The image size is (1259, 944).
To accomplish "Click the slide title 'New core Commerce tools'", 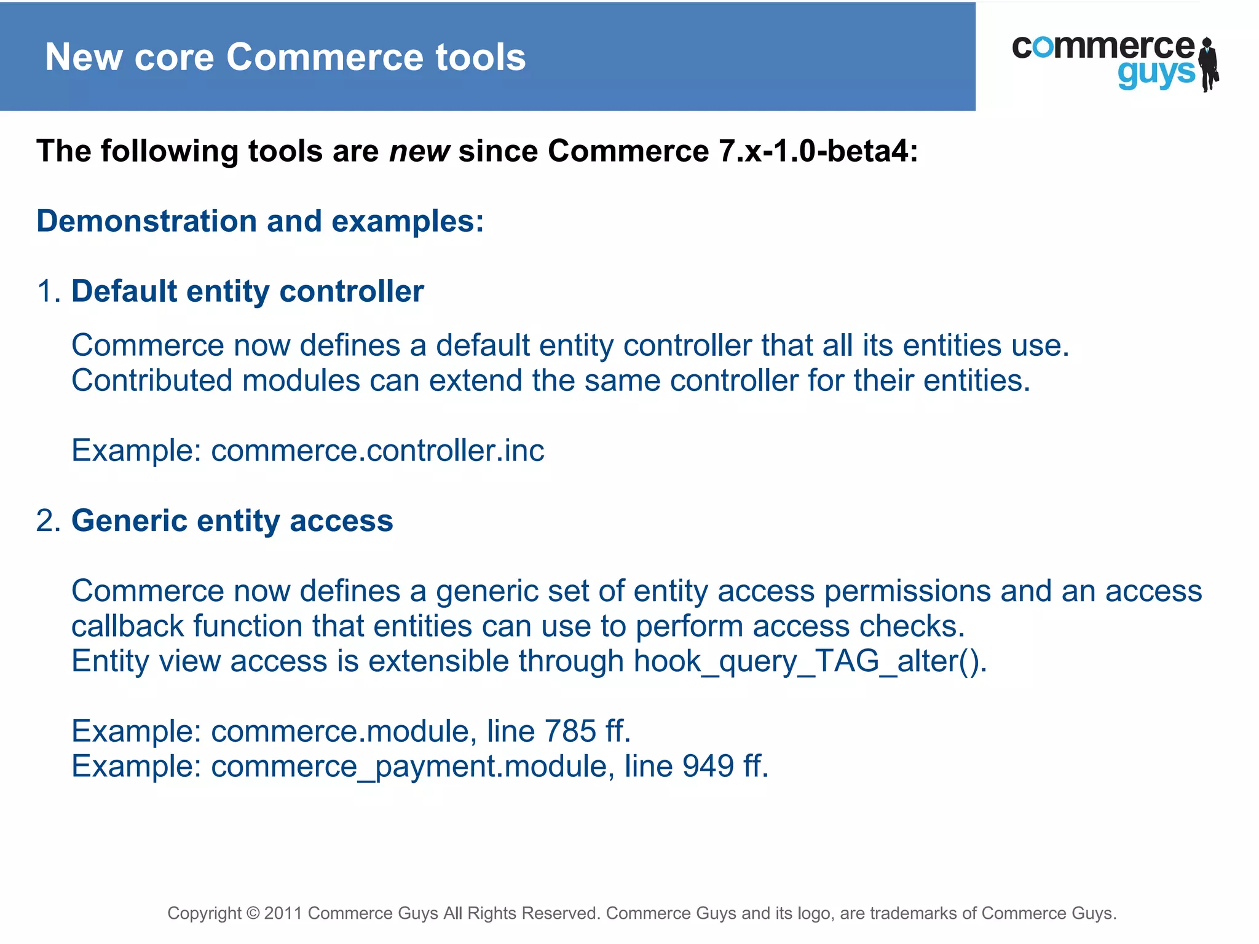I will click(x=285, y=57).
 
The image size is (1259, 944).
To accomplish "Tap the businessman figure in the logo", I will click(x=1209, y=65).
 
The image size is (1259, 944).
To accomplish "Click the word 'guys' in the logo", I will click(x=1156, y=74).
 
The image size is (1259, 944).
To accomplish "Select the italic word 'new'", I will click(x=419, y=151).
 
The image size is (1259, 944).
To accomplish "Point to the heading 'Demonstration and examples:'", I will click(x=260, y=221).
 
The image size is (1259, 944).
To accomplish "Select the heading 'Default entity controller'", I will click(x=248, y=291).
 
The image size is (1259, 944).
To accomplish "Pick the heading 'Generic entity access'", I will click(x=232, y=521).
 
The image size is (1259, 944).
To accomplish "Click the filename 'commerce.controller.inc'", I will click(x=377, y=450).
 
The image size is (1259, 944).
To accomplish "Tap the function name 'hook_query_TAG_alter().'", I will click(x=810, y=661).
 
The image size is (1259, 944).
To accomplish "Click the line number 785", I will click(x=570, y=731).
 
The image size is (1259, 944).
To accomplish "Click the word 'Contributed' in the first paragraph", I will click(x=152, y=380).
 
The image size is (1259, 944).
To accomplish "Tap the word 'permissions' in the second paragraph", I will click(x=907, y=591).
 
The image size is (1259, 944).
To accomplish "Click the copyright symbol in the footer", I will click(x=253, y=913).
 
